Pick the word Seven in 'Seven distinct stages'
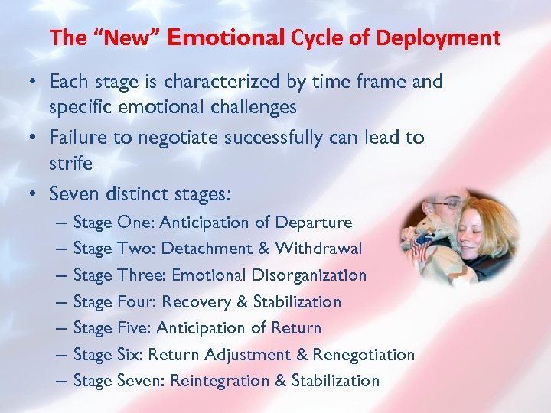point(74,194)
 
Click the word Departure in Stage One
point(313,223)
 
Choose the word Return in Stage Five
point(296,328)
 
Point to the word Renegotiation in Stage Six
point(365,355)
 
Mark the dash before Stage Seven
point(60,381)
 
